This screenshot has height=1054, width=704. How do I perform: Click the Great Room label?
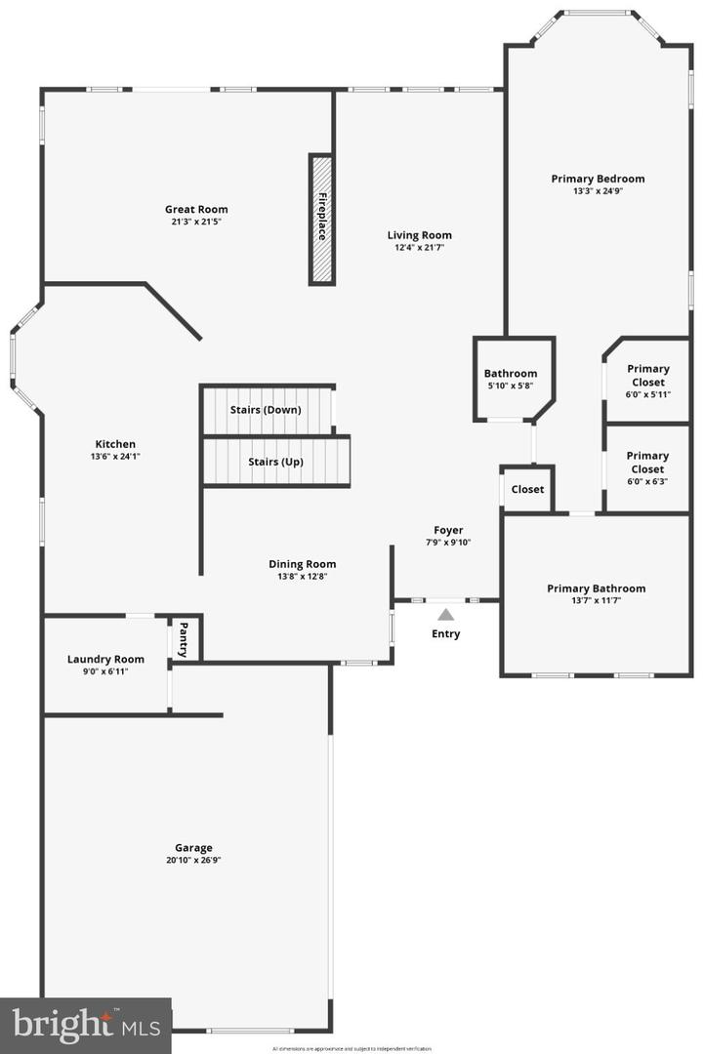pos(196,209)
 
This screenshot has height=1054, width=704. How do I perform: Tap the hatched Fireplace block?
pos(321,219)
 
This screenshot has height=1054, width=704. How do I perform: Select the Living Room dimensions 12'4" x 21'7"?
pos(419,248)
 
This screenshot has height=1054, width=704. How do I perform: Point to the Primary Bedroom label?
pos(598,179)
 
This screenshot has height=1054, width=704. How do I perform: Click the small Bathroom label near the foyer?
pos(511,373)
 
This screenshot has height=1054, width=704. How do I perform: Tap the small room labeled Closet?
pos(528,489)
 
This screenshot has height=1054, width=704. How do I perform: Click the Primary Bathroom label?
pos(596,588)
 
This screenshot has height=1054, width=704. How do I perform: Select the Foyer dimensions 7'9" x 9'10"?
pos(448,543)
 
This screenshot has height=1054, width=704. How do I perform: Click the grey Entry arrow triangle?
pos(446,615)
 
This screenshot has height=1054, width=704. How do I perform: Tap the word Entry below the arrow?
pos(446,634)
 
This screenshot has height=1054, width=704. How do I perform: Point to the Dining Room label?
pos(303,563)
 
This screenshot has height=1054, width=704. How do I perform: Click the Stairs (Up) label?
pos(275,462)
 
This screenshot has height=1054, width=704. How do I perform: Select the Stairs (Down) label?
pos(266,410)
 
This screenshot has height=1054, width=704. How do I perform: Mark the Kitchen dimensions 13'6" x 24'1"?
pos(115,457)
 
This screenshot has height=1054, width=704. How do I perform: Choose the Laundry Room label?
pos(105,659)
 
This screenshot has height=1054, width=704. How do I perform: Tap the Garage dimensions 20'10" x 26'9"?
pos(188,861)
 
